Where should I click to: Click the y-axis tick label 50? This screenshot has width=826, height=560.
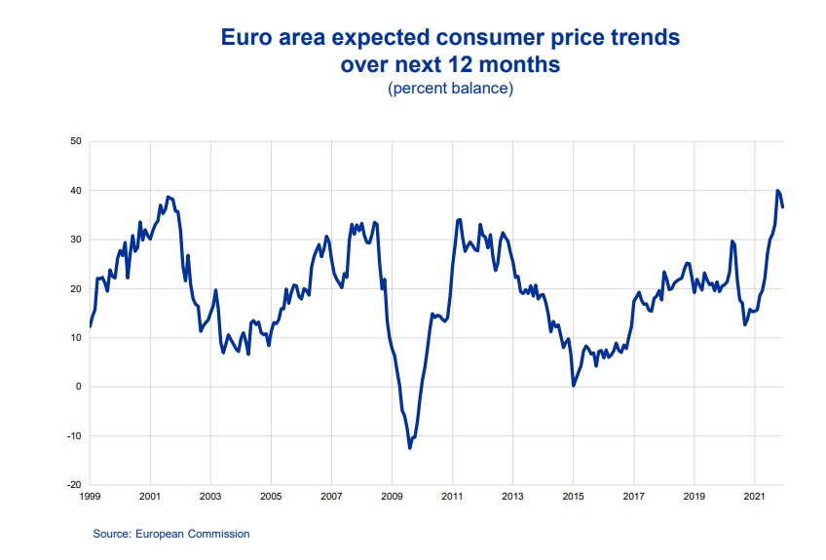[74, 142]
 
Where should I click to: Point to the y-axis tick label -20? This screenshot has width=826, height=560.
[72, 485]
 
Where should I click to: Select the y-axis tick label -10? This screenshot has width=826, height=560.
[72, 436]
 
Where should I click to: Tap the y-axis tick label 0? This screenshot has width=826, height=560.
[77, 387]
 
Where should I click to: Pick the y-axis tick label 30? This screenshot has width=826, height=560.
[74, 240]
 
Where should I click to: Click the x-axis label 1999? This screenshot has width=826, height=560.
[89, 497]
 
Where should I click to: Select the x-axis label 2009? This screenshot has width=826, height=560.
[392, 497]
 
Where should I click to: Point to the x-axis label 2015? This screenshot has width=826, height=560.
[573, 497]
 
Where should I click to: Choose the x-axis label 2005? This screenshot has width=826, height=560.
[271, 497]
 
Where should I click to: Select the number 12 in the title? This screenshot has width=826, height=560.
[467, 65]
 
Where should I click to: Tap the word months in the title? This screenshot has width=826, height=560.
[522, 65]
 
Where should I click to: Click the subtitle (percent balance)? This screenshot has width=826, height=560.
[450, 89]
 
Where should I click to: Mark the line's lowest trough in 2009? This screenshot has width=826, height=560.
[410, 448]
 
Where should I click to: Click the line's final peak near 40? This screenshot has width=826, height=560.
[777, 191]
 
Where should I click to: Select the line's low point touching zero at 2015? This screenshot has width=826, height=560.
[574, 386]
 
